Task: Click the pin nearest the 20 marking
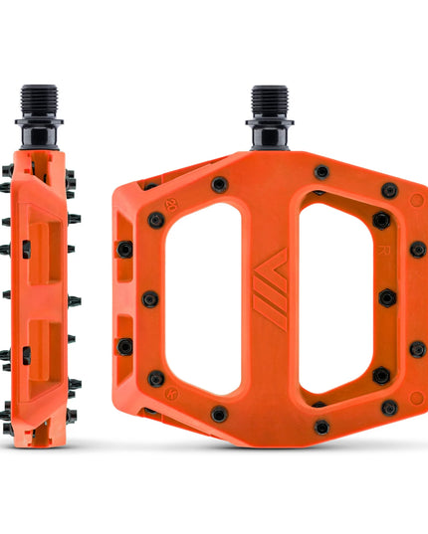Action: point(155,220)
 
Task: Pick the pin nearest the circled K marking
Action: point(155,378)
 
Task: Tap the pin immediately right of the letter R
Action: point(418,249)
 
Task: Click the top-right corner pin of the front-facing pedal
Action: point(390,190)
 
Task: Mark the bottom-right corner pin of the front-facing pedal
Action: point(390,407)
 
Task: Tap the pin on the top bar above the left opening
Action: point(219,184)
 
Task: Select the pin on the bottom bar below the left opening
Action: point(219,414)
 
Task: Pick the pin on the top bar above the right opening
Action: point(321,172)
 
